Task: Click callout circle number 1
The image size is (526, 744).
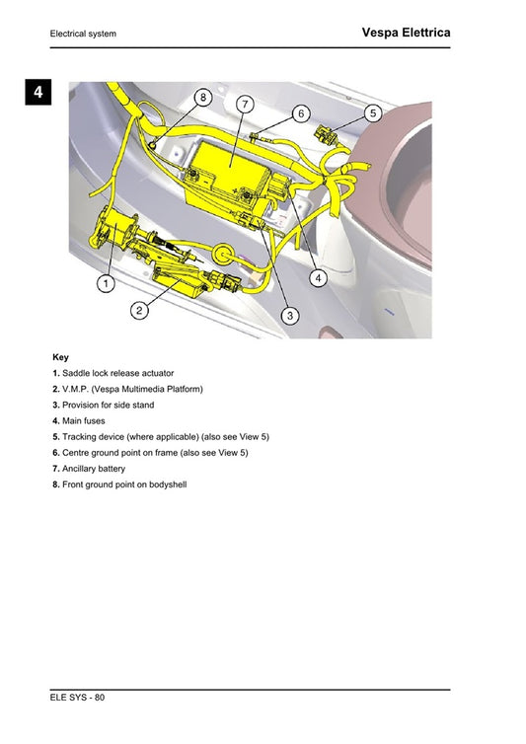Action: point(104,283)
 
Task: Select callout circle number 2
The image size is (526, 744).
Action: point(140,310)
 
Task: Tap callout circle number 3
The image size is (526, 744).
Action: point(290,316)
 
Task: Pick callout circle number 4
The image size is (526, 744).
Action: point(318,278)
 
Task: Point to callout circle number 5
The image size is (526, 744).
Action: point(372,113)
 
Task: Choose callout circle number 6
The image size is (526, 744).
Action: point(301,113)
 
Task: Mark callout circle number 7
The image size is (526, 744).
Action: point(244,105)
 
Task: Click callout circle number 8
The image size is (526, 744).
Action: point(202,98)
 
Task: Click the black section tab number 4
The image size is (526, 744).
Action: point(37,94)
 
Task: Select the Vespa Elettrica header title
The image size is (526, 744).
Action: point(406,33)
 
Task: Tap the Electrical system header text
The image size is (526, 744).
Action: point(83,35)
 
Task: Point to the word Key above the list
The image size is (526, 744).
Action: point(60,357)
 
